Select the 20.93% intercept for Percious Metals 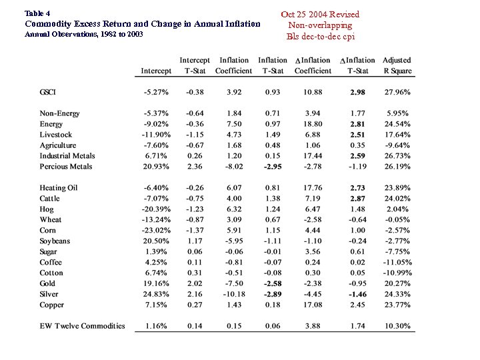pos(156,167)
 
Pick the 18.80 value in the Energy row pos(312,124)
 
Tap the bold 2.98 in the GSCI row pos(357,92)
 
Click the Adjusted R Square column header pos(397,65)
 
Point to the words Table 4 pos(37,13)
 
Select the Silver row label pos(49,294)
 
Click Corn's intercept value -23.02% pos(155,231)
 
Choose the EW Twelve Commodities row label pos(82,326)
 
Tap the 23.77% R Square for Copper pos(397,305)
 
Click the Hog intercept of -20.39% pos(155,209)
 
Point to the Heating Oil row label pos(59,188)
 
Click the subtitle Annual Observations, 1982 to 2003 pos(83,34)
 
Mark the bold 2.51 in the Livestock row pos(357,135)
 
